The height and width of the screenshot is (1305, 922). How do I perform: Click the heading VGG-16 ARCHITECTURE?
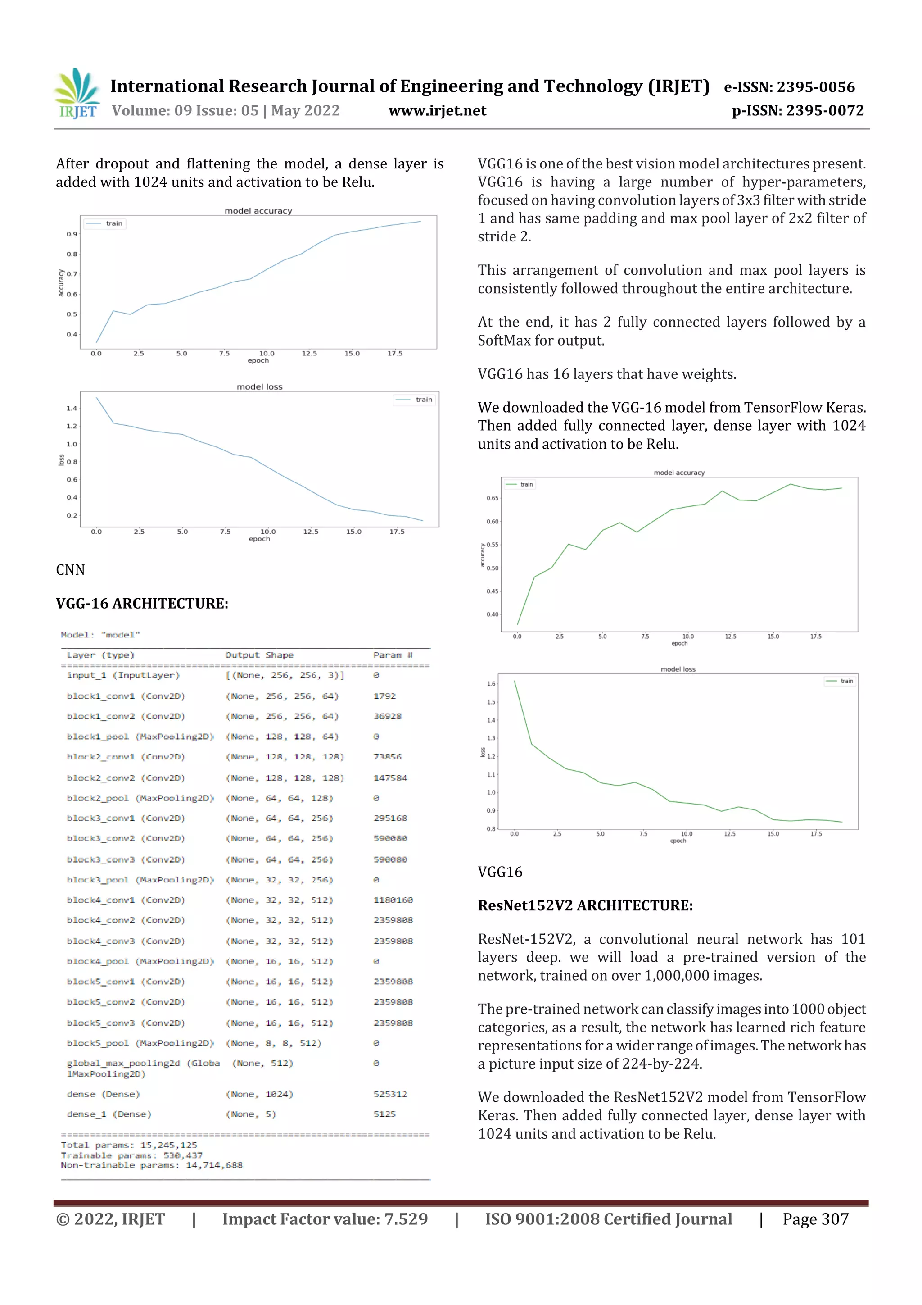pyautogui.click(x=142, y=604)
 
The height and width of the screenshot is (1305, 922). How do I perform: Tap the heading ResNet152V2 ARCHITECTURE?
pyautogui.click(x=585, y=905)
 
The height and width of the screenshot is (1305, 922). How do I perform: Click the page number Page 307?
pyautogui.click(x=815, y=1219)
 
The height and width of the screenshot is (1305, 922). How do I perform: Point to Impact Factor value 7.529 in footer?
pyautogui.click(x=325, y=1219)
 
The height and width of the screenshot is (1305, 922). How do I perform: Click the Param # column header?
pyautogui.click(x=393, y=655)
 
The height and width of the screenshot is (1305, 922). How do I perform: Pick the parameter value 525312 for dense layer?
pyautogui.click(x=390, y=1094)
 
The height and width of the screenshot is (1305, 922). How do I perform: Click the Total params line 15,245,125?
pyautogui.click(x=129, y=1145)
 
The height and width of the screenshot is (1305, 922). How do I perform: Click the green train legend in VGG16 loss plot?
pyautogui.click(x=840, y=681)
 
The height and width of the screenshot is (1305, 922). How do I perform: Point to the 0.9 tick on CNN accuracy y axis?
pyautogui.click(x=72, y=234)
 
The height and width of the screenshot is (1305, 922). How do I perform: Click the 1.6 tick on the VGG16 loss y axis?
pyautogui.click(x=491, y=684)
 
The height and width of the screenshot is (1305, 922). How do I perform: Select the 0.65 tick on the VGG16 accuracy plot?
pyautogui.click(x=492, y=499)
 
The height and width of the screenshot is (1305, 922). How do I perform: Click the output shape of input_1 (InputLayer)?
pyautogui.click(x=285, y=675)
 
